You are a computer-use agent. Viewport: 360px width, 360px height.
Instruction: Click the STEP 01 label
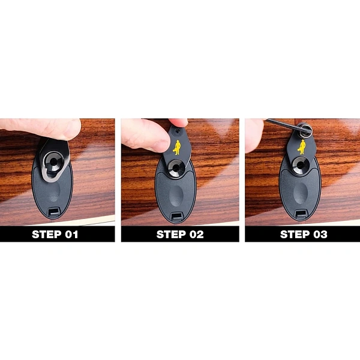pos(55,234)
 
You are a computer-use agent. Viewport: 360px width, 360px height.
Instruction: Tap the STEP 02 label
pos(180,234)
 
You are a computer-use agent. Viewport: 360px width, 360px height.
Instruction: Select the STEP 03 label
pos(304,234)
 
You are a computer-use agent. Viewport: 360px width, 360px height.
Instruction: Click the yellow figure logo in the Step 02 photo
pos(177,148)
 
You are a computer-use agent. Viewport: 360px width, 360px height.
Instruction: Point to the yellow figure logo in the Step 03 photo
pos(302,147)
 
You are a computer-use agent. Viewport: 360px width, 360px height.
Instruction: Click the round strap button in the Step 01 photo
pos(54,161)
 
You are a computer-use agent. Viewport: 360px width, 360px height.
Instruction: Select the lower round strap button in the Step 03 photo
pos(301,165)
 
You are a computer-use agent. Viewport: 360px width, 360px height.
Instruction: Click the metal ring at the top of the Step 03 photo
pos(305,130)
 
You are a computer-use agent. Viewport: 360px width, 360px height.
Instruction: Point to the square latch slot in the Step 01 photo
pos(54,212)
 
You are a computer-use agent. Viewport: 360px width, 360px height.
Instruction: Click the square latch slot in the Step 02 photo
pos(176,217)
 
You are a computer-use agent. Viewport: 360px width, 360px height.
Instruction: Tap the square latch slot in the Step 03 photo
pos(301,214)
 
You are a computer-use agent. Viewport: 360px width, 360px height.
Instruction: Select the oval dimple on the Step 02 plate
pos(176,196)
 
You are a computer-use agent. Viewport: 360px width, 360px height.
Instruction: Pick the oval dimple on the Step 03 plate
pos(300,193)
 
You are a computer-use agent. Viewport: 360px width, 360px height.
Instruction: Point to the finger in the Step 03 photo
pos(254,136)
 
